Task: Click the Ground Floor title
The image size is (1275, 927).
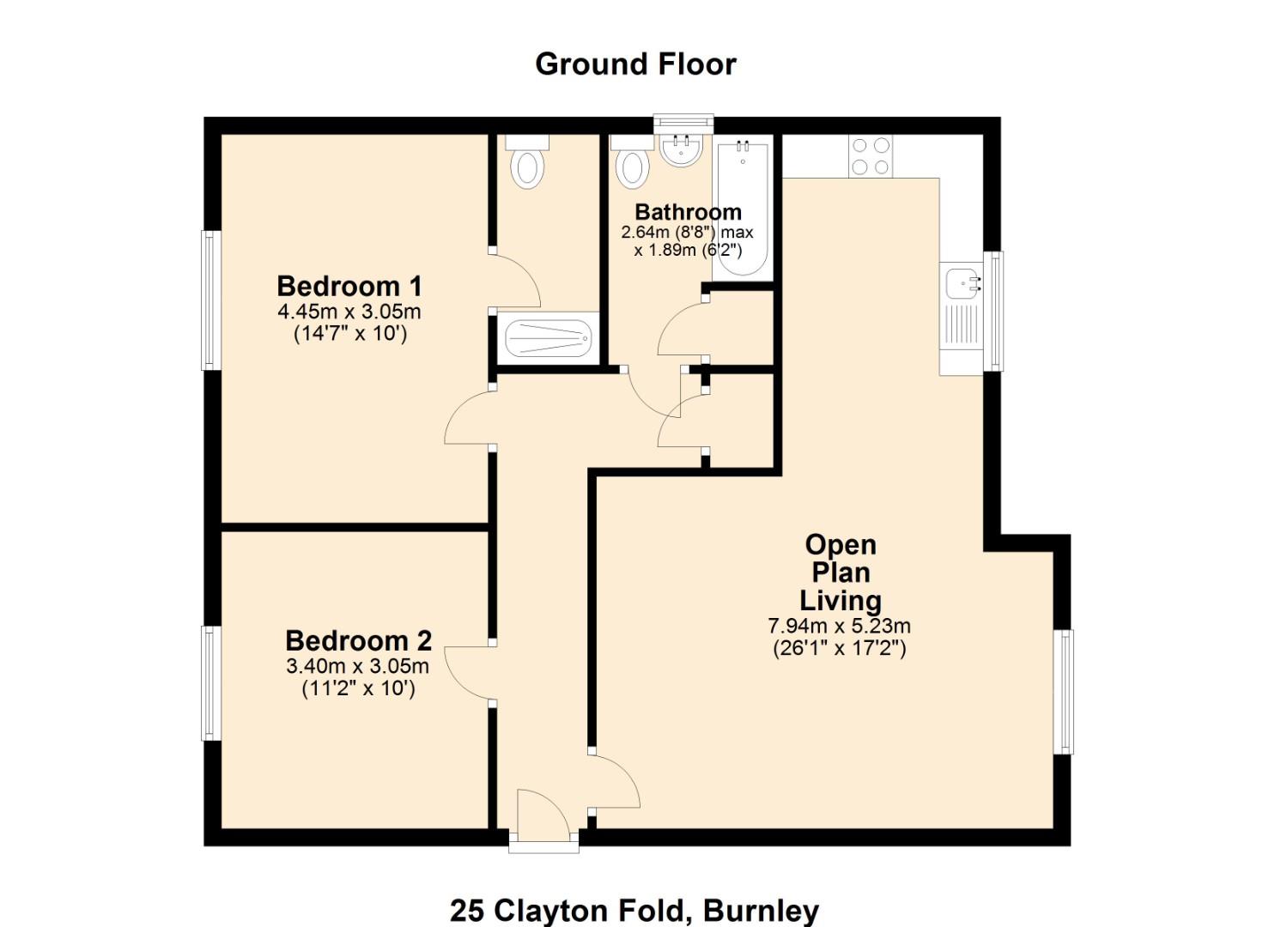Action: pyautogui.click(x=635, y=64)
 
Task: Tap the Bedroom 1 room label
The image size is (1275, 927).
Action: pyautogui.click(x=349, y=286)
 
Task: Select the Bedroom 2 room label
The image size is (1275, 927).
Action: pyautogui.click(x=358, y=640)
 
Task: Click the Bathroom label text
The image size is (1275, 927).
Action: pyautogui.click(x=688, y=212)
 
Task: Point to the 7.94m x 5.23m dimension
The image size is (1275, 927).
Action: pyautogui.click(x=839, y=626)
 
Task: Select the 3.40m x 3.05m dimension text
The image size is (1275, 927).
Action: pyautogui.click(x=357, y=665)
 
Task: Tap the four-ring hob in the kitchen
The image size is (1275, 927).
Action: pyautogui.click(x=871, y=156)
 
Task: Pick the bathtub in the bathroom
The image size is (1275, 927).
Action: pyautogui.click(x=743, y=208)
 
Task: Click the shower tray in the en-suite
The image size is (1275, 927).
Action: pyautogui.click(x=548, y=339)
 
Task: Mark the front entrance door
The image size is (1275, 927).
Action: pyautogui.click(x=543, y=820)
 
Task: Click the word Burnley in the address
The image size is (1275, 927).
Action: pyautogui.click(x=761, y=910)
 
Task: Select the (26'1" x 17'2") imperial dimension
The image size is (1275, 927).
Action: pyautogui.click(x=839, y=648)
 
